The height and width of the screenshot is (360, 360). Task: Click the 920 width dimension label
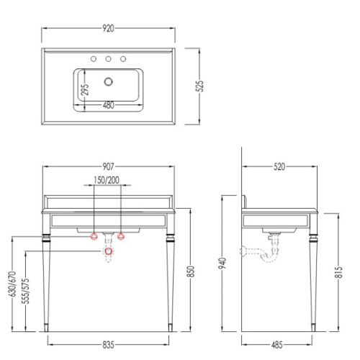(108, 28)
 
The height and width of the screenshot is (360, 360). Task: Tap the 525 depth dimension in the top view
(199, 85)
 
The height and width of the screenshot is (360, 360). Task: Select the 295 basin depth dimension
(85, 89)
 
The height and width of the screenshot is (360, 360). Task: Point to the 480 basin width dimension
(109, 105)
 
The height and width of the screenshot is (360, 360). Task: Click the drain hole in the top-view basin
(109, 81)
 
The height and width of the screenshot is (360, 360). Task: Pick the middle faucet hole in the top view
(108, 59)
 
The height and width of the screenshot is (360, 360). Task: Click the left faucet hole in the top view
(94, 59)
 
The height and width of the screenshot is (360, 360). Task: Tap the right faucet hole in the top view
(123, 59)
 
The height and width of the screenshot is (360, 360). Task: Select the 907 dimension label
(108, 166)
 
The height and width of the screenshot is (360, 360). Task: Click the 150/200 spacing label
(107, 180)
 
